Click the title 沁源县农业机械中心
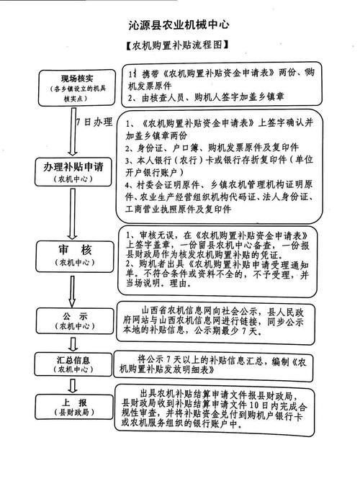(179, 24)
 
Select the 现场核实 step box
(70, 84)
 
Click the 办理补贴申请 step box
(70, 171)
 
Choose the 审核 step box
(70, 253)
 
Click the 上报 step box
(70, 408)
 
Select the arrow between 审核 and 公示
(71, 289)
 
